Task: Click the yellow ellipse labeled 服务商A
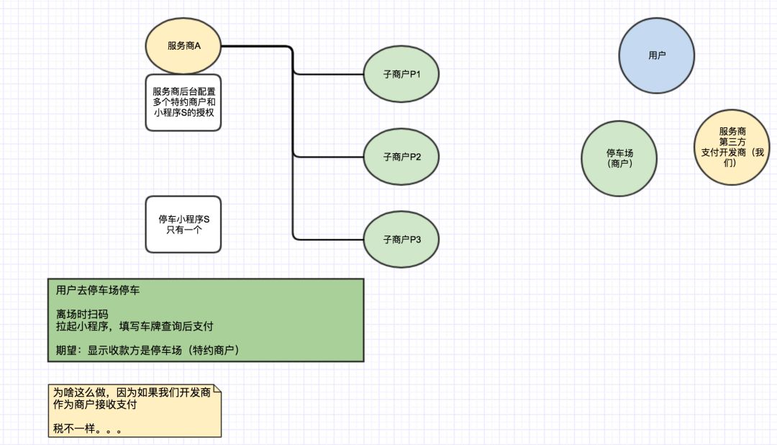[x=183, y=46]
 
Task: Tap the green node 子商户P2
[x=401, y=156]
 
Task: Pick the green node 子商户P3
[x=401, y=239]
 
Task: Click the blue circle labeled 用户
[x=657, y=55]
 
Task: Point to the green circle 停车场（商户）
[x=619, y=158]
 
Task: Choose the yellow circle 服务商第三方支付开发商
[x=732, y=147]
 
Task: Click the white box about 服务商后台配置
[x=183, y=102]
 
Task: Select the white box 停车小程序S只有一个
[x=183, y=224]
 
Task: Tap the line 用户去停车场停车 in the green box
[x=99, y=292]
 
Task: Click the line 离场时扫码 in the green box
[x=82, y=314]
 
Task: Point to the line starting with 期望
[x=147, y=350]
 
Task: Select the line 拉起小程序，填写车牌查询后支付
[x=135, y=326]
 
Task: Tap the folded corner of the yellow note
[x=217, y=390]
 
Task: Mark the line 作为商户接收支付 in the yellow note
[x=95, y=405]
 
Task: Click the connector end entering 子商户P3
[x=362, y=239]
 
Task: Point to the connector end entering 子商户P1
[x=362, y=73]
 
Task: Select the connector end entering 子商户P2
[x=362, y=156]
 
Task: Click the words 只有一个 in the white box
[x=183, y=230]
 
